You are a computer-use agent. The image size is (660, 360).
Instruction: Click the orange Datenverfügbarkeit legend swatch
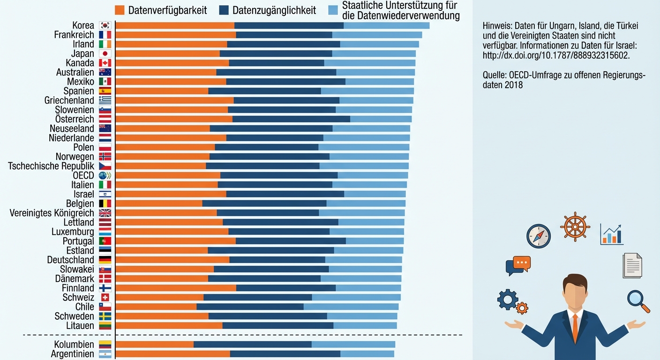[120, 10]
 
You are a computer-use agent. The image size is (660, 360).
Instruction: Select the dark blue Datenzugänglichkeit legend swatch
[224, 10]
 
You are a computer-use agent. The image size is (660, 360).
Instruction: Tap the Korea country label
[83, 25]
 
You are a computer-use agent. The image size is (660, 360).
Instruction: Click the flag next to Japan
[105, 53]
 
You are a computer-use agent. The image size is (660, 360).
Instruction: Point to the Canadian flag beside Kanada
[105, 63]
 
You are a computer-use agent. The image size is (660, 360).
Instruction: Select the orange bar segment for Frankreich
[175, 35]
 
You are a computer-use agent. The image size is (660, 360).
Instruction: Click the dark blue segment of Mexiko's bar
[285, 82]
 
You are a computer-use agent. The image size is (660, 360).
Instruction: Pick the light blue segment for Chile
[351, 307]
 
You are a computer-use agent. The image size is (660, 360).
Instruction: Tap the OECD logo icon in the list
[105, 175]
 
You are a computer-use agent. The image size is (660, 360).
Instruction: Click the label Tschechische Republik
[51, 166]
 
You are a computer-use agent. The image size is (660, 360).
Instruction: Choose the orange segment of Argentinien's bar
[172, 354]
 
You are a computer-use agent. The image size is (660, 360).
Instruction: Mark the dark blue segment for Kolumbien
[252, 345]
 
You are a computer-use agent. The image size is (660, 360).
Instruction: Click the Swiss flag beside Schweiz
[105, 297]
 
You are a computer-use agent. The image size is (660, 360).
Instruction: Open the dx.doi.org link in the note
[555, 55]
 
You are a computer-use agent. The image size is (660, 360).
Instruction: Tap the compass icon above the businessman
[538, 236]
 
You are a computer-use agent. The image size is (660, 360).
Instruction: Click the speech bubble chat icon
[517, 265]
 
